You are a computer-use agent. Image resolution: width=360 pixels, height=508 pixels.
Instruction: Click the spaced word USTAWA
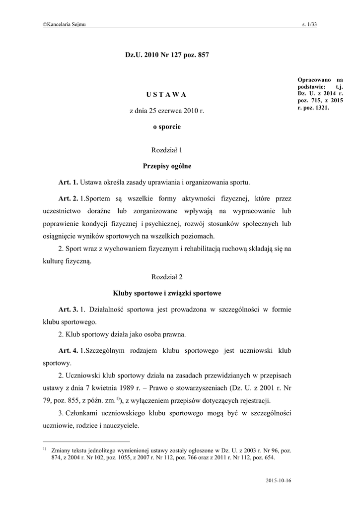pos(167,94)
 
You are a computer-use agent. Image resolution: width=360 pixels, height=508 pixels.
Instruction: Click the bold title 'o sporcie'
pos(167,127)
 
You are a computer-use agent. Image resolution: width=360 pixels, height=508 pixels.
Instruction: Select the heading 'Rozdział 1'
pos(167,149)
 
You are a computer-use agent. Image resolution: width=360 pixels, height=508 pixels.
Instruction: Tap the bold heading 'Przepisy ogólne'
pos(167,166)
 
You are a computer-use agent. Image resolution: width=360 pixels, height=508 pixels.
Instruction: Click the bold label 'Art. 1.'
pos(69,182)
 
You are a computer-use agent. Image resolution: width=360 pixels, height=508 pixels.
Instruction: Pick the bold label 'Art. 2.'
pos(69,199)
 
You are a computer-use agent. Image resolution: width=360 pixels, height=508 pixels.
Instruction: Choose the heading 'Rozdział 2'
pos(167,276)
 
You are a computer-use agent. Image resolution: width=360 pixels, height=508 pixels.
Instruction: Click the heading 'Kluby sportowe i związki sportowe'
pos(167,293)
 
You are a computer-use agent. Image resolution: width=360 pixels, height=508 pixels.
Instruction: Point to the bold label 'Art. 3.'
pos(69,310)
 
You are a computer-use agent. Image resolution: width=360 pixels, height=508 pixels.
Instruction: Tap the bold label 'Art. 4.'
pos(69,351)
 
